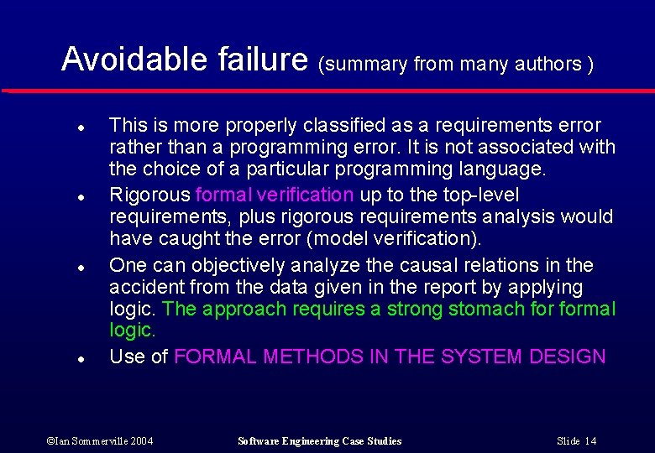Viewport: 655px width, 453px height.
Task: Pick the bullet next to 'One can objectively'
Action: coord(78,267)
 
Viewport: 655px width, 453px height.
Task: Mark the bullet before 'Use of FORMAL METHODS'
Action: coord(78,358)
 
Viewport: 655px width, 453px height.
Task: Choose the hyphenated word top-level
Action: coord(478,195)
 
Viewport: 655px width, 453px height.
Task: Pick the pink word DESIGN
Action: coord(568,357)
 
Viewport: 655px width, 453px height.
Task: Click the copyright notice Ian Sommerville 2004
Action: coord(100,441)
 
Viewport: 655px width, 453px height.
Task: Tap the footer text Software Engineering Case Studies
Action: coord(319,441)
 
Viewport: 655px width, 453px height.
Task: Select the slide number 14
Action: coord(577,441)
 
